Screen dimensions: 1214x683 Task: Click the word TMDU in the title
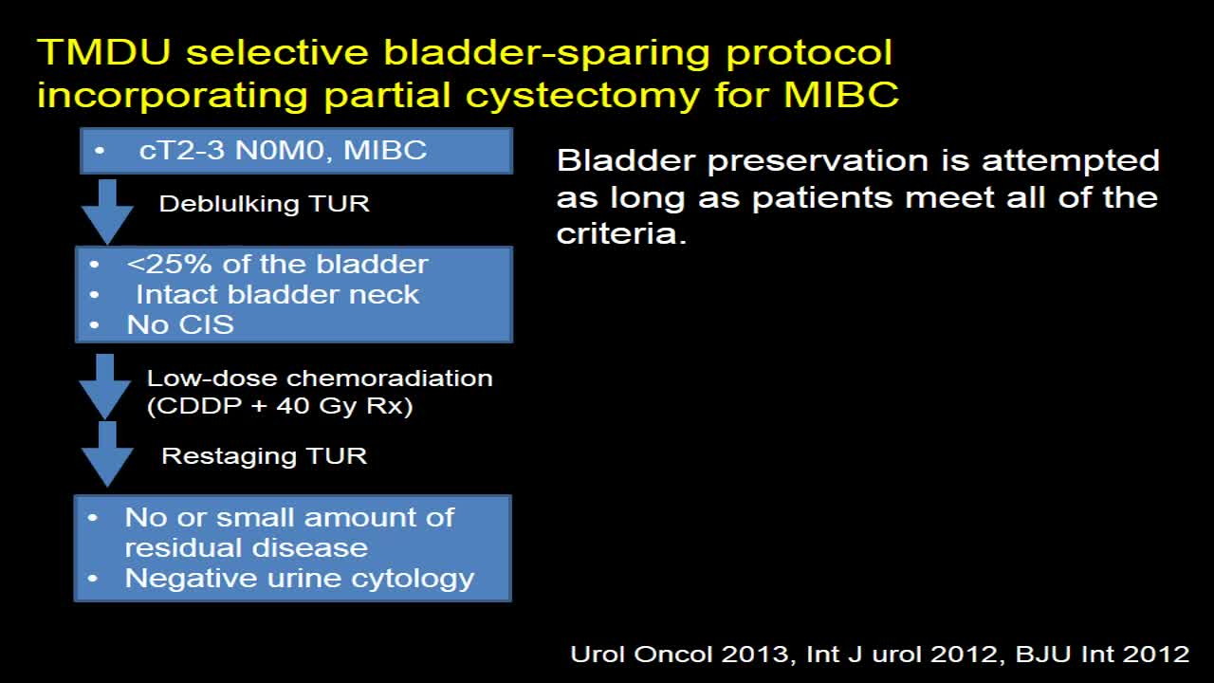point(104,52)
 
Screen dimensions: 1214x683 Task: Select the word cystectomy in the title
point(582,97)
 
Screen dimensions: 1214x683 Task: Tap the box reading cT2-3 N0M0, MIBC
point(297,151)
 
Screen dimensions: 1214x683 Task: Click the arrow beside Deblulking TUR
point(107,212)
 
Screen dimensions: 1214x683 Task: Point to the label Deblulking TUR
point(264,204)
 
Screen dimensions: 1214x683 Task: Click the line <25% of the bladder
point(277,265)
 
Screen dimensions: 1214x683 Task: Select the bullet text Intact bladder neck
point(278,295)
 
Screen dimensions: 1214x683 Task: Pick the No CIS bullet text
point(180,324)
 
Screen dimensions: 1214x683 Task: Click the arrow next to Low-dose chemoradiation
point(104,386)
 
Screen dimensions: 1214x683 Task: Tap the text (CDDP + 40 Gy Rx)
point(280,406)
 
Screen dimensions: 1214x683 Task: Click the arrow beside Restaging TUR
point(107,454)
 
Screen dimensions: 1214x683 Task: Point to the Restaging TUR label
point(264,456)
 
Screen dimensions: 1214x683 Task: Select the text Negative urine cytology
point(300,579)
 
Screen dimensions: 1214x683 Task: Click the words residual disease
point(247,548)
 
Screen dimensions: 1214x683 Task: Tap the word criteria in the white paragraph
point(621,233)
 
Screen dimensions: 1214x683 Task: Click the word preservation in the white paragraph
point(819,161)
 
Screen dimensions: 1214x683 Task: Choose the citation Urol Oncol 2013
point(680,655)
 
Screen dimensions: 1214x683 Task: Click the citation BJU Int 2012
point(1102,655)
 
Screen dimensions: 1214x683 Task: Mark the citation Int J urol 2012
point(902,655)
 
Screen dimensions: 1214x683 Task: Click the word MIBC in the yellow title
point(841,94)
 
